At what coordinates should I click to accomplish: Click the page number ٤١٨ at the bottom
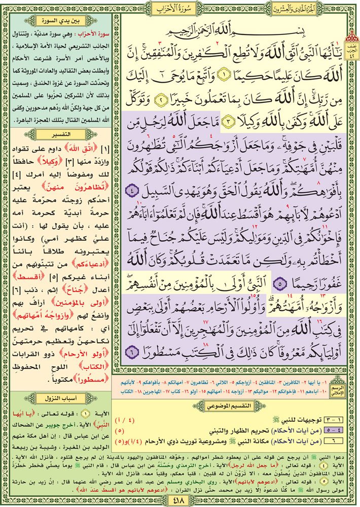click(x=180, y=500)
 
